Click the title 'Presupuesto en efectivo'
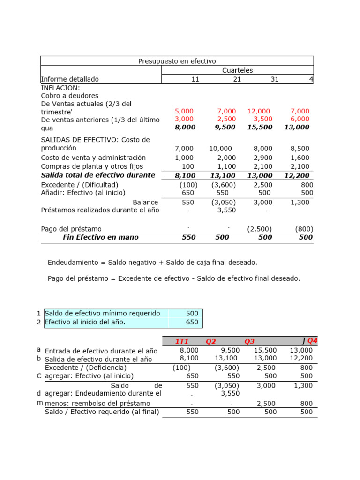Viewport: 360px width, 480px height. coord(177,61)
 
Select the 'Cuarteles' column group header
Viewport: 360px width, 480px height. coord(237,70)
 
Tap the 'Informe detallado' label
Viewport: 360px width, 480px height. coord(70,79)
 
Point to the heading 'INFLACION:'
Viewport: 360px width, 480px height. coord(60,88)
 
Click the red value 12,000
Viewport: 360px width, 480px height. coord(259,111)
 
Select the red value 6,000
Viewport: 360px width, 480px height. coord(300,119)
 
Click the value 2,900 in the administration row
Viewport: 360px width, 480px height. coord(262,157)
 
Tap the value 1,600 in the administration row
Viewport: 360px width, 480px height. coord(300,157)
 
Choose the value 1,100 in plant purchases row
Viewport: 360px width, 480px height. coord(226,166)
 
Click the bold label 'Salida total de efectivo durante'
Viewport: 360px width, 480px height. coord(98,175)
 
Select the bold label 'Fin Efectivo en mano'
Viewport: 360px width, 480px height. coord(100,237)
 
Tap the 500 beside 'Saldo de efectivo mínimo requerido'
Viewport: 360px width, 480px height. coord(192,313)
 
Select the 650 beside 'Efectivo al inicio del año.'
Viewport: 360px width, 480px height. coord(192,322)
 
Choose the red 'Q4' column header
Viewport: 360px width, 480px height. coord(312,341)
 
